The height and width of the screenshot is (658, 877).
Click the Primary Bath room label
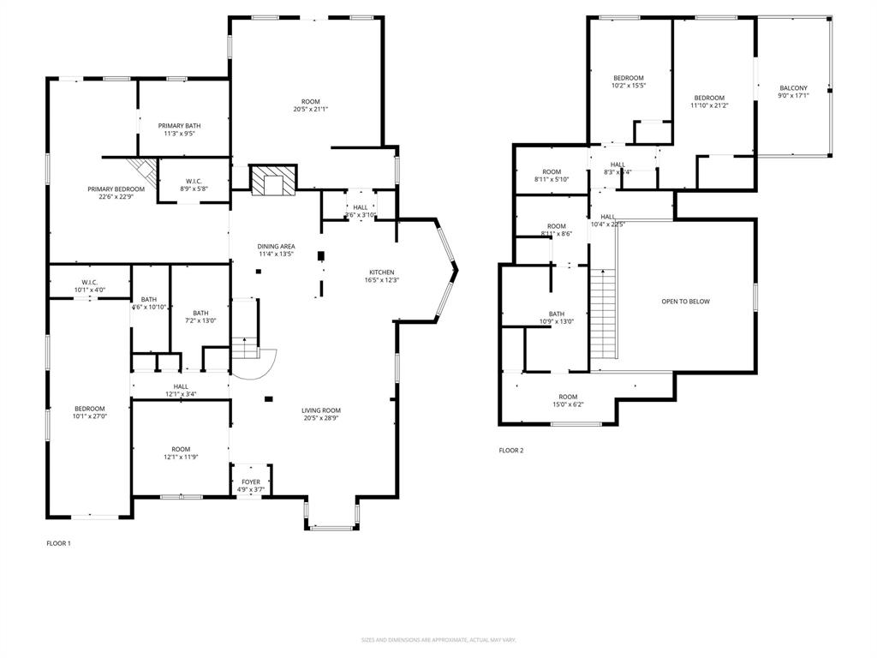[x=179, y=126]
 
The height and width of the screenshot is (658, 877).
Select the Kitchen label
[x=382, y=272]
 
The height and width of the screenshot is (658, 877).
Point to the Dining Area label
[x=277, y=247]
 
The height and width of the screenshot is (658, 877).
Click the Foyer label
[x=251, y=482]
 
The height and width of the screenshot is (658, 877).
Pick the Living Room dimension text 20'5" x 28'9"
[x=321, y=418]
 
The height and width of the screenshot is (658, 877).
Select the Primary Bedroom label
[x=116, y=188]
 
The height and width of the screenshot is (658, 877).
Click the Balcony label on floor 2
[x=792, y=88]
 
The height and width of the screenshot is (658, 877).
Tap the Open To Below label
[x=685, y=302]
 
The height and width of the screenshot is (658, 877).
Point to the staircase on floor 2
[x=604, y=314]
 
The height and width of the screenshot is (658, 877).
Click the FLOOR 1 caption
[x=58, y=543]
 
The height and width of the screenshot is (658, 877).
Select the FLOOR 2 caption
[x=511, y=450]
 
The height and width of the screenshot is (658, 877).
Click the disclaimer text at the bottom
[x=438, y=640]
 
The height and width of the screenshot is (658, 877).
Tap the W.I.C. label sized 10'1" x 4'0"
[x=89, y=282]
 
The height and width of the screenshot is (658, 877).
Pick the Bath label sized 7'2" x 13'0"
[x=200, y=313]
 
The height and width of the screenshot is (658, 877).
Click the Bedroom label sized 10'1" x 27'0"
[x=89, y=409]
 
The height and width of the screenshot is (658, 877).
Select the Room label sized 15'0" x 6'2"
[x=568, y=397]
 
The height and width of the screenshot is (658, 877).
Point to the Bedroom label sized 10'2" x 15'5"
[x=628, y=78]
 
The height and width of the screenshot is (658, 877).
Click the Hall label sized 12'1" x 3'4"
[x=181, y=386]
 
